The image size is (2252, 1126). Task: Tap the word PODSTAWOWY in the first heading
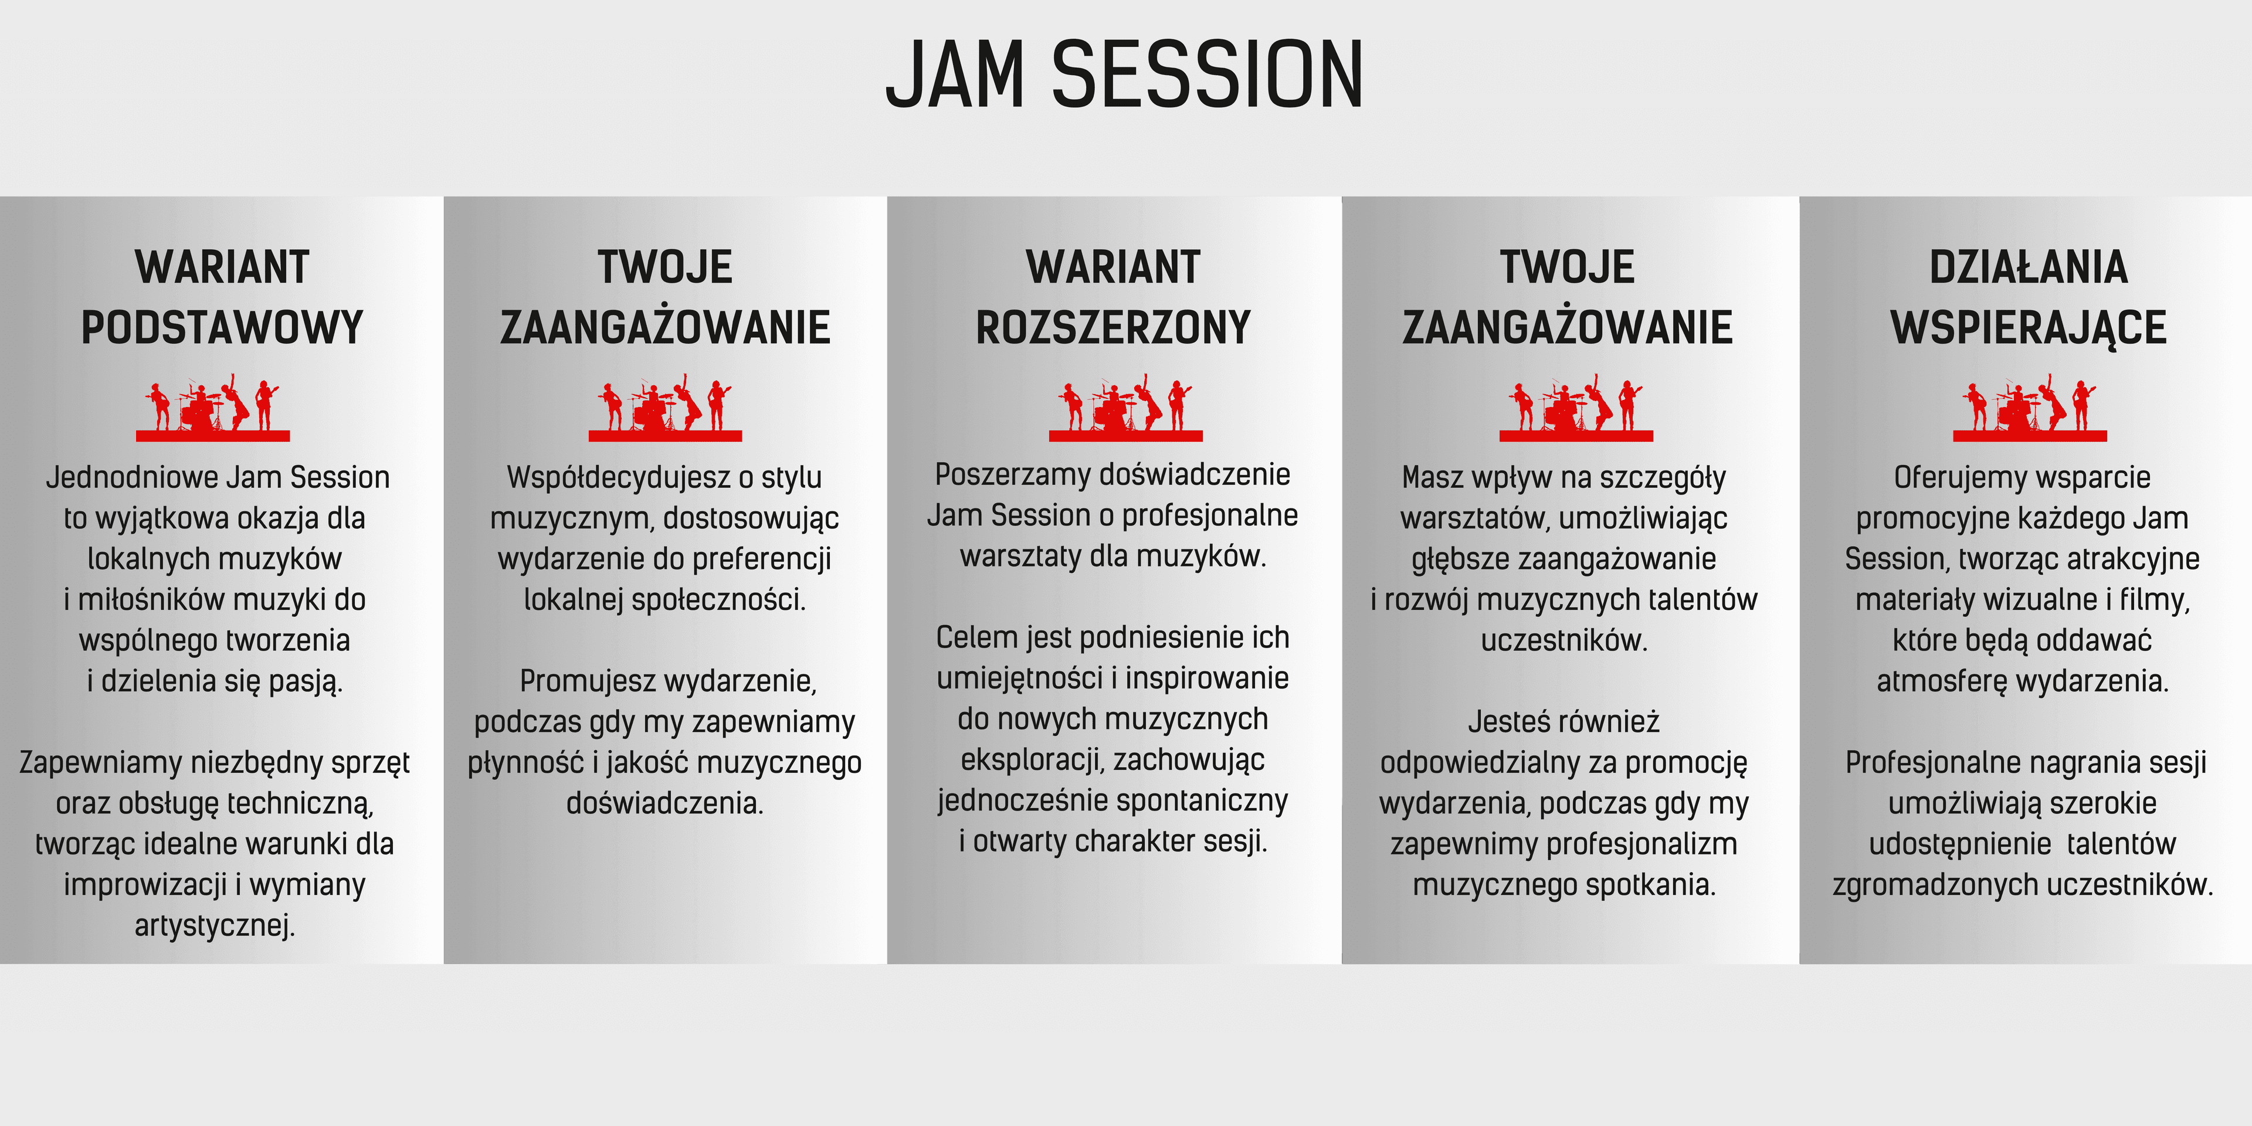pos(222,328)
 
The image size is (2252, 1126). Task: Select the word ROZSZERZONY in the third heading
pos(1113,328)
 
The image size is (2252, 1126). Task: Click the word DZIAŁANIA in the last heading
pos(2028,267)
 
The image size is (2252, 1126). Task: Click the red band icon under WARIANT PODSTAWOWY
pos(212,408)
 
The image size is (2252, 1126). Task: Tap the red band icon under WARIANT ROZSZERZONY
pos(1126,408)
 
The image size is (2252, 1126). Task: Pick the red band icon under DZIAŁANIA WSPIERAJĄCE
pos(2030,408)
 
